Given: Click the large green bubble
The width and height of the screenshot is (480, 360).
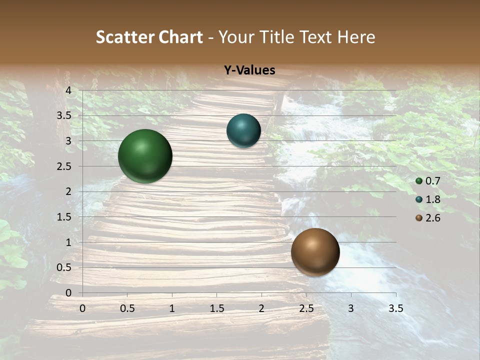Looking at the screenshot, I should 145,156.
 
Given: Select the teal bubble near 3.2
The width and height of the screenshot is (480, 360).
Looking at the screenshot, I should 243,130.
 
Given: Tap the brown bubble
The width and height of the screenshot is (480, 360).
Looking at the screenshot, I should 315,252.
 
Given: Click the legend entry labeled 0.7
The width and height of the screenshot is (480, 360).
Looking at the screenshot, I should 428,181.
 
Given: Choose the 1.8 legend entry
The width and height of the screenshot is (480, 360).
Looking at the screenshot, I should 428,199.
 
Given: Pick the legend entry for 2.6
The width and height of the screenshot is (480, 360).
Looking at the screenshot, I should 428,218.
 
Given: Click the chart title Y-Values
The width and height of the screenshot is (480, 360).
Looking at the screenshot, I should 249,70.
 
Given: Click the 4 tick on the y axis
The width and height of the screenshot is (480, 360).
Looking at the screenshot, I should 68,90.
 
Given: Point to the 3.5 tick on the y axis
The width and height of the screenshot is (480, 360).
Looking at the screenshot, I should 64,115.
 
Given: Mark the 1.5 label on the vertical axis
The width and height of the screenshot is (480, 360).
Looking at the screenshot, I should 64,217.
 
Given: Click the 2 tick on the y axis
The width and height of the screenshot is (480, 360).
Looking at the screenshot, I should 68,191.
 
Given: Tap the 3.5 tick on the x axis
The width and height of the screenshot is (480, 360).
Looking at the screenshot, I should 395,308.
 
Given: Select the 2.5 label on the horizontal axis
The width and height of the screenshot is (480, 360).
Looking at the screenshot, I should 306,308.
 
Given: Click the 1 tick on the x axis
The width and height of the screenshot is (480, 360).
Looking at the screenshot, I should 172,308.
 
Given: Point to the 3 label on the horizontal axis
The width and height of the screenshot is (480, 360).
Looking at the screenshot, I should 351,308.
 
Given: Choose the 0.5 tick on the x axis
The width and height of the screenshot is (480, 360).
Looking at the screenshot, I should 127,308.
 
